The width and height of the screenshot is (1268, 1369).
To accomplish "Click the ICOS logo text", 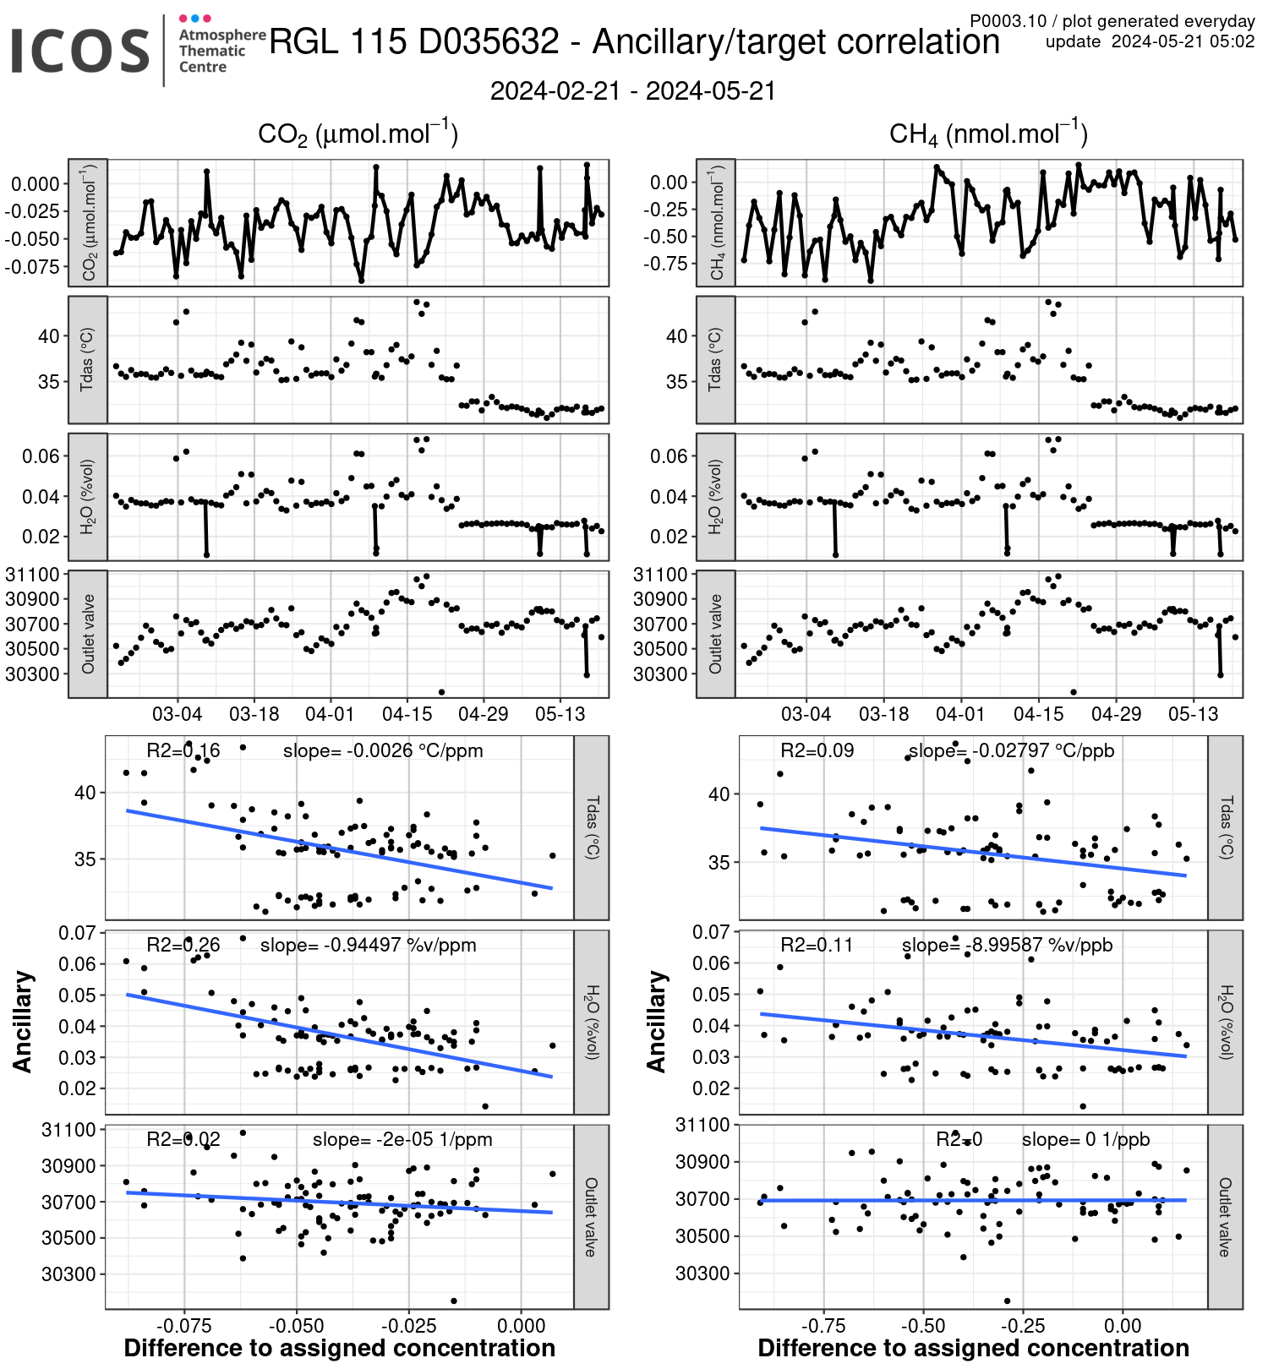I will (80, 51).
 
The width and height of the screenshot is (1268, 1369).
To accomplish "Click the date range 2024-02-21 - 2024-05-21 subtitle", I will (632, 91).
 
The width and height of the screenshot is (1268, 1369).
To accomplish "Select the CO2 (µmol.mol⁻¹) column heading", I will (358, 134).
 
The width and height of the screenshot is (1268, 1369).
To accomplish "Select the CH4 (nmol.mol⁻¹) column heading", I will (987, 134).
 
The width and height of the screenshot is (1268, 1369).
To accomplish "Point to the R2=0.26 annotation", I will (183, 945).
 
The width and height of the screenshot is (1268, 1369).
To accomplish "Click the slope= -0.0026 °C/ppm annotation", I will (383, 750).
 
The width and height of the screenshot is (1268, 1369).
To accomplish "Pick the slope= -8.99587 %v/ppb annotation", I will (1007, 945).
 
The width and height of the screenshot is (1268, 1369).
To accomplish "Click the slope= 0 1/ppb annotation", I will (1085, 1139).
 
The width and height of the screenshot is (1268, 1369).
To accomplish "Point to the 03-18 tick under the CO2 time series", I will (254, 714).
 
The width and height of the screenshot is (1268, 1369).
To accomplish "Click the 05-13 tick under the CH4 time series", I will (1193, 714).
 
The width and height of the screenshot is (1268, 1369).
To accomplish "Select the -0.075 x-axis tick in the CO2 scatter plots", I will (184, 1326).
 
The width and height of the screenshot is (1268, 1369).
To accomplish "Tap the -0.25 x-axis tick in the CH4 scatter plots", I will (1023, 1326).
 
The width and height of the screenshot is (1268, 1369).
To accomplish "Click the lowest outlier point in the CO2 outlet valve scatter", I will (454, 1301).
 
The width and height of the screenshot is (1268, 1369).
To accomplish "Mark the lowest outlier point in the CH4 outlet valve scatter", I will (1007, 1301).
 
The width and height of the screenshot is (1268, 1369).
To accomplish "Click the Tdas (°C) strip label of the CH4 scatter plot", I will (1226, 827).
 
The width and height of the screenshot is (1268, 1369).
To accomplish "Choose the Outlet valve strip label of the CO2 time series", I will (88, 634).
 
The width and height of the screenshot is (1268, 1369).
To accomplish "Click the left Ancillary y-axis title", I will (23, 1022).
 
